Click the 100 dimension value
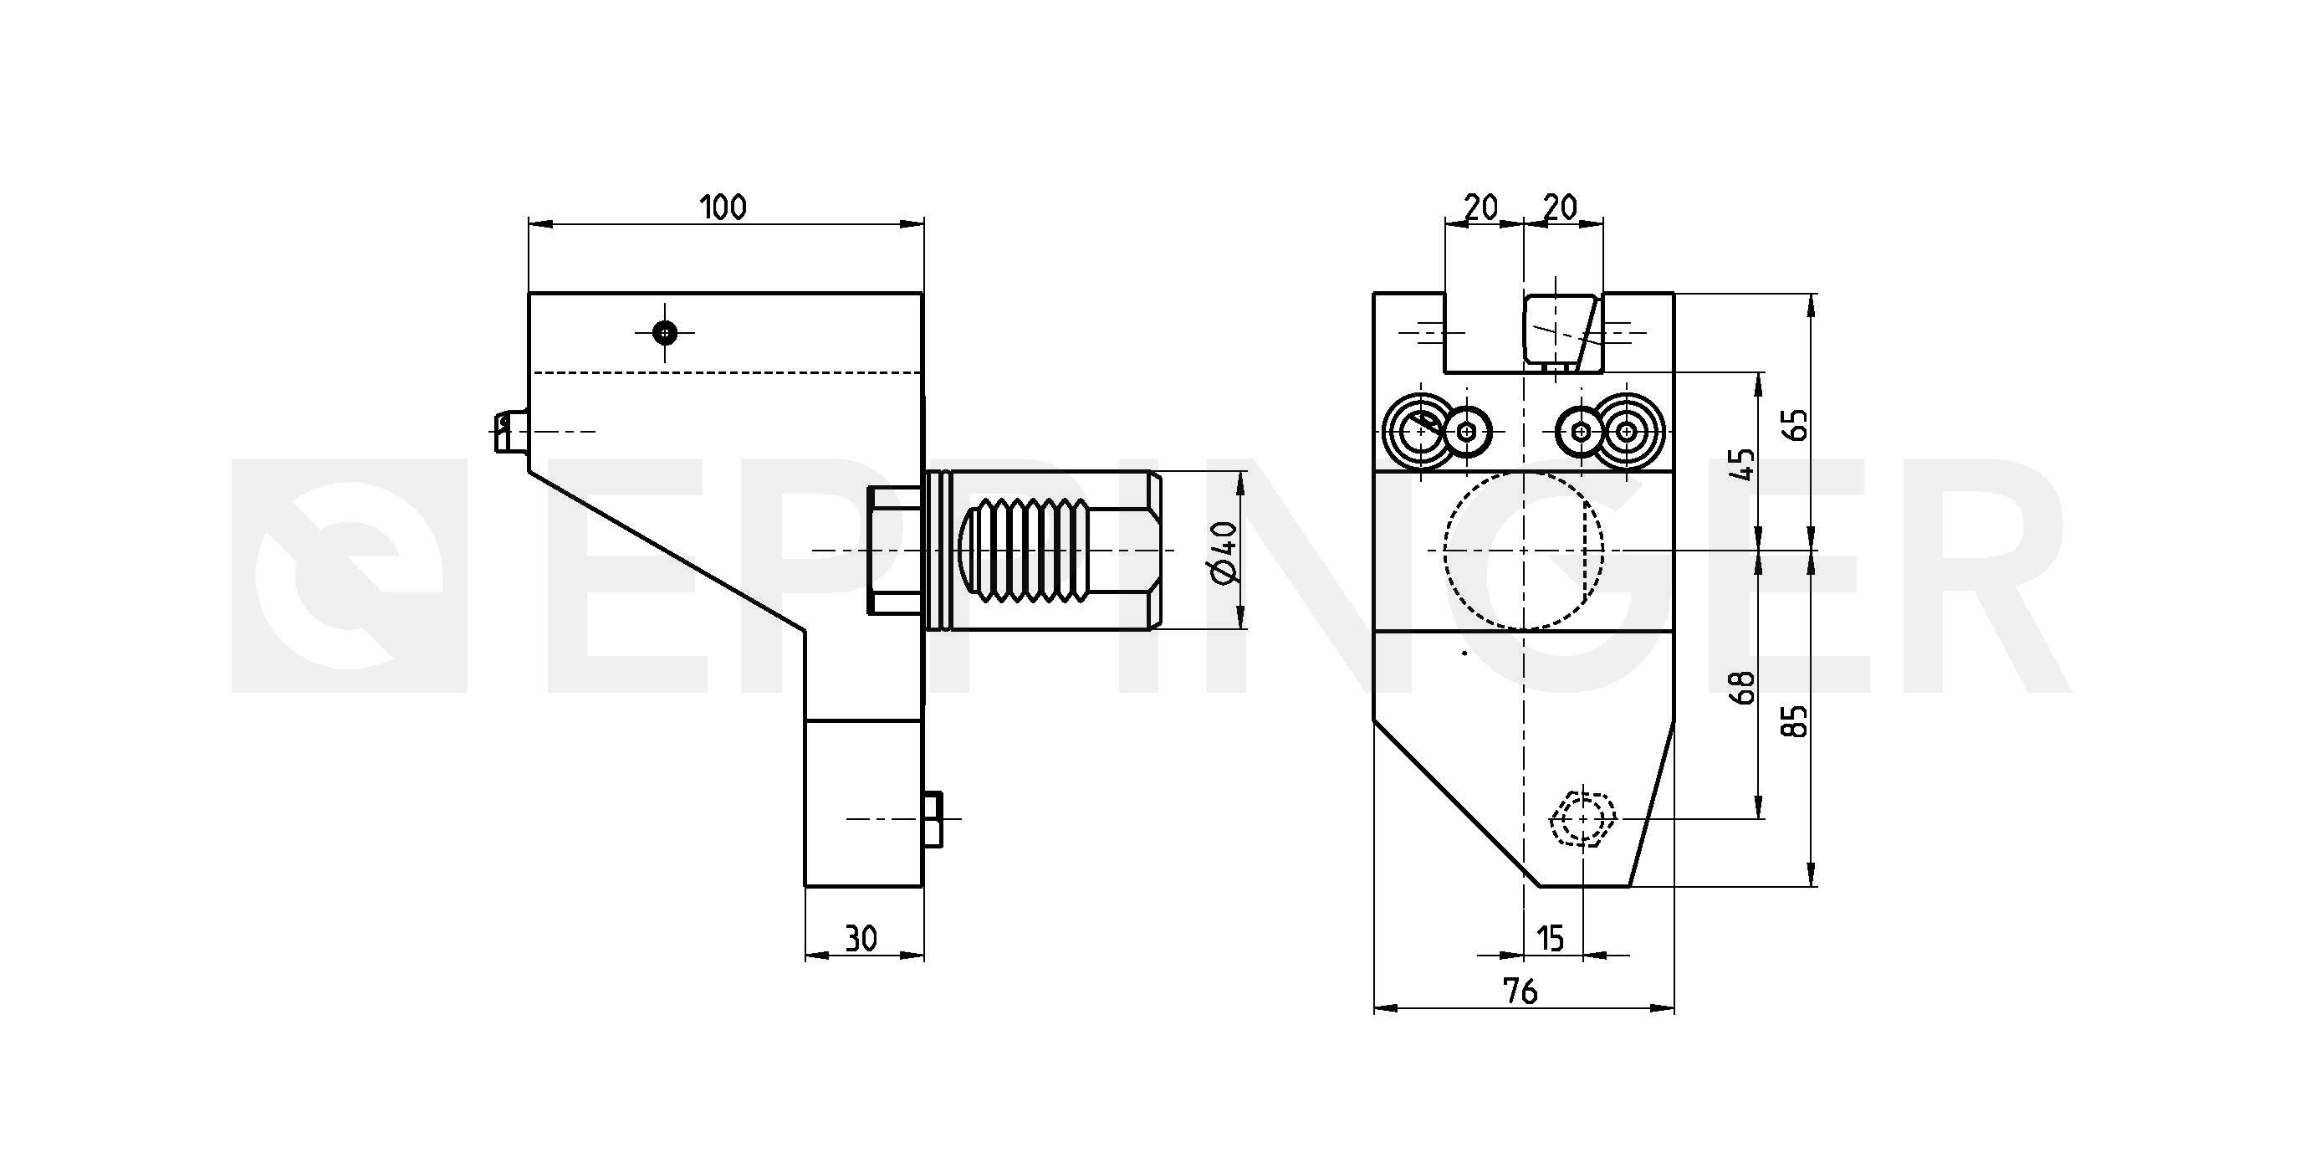pos(723,208)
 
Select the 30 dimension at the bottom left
pos(861,939)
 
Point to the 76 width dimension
pos(1520,991)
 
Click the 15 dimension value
pos(1551,939)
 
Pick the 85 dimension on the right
pos(1794,720)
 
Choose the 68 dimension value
pos(1742,688)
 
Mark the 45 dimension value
pos(1742,464)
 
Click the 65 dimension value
pos(1794,424)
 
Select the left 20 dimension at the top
pos(1481,208)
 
